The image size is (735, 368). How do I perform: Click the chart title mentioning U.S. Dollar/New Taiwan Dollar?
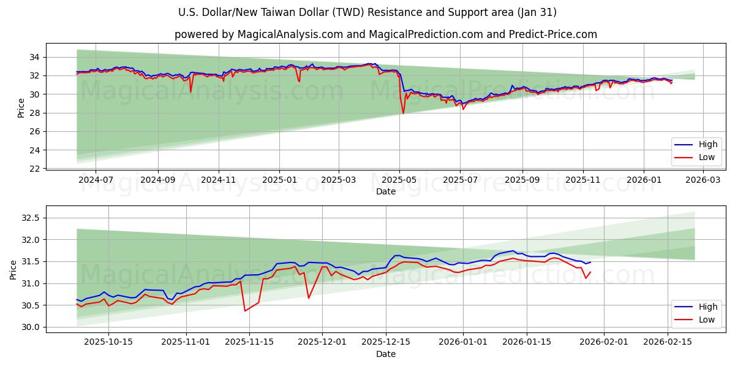[x=367, y=12]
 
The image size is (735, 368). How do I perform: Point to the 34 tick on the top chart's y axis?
[x=34, y=57]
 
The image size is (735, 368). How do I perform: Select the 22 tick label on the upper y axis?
[x=34, y=169]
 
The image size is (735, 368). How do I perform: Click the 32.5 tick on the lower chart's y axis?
[x=30, y=218]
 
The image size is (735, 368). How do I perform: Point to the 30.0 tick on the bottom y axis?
[x=30, y=327]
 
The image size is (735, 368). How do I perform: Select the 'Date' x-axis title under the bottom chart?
[x=386, y=354]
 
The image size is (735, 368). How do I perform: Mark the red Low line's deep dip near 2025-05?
[x=403, y=113]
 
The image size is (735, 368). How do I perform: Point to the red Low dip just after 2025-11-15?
[x=245, y=310]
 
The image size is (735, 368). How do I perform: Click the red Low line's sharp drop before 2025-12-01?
[x=308, y=298]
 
